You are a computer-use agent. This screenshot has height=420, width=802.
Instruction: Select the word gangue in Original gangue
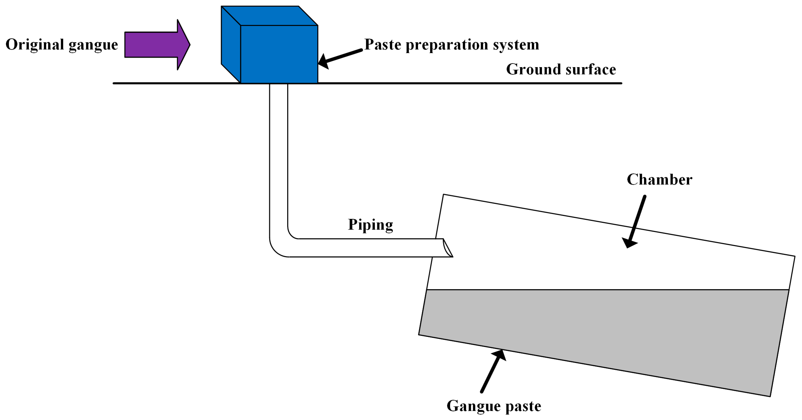point(93,45)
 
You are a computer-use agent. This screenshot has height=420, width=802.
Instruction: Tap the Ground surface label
point(561,69)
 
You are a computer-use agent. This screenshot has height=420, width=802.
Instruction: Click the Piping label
point(370,225)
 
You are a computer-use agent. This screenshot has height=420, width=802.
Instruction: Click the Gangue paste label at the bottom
point(494,406)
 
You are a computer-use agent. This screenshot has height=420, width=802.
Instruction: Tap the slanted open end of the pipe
point(448,248)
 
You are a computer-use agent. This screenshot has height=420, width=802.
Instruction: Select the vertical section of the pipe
point(278,155)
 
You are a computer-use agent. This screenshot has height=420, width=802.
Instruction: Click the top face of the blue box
point(269,16)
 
